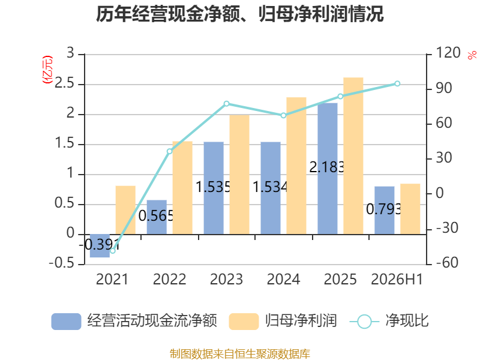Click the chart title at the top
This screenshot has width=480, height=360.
pyautogui.click(x=239, y=14)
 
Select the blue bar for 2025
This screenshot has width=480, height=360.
pyautogui.click(x=328, y=169)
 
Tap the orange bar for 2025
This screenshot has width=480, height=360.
pyautogui.click(x=353, y=156)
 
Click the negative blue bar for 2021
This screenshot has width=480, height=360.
pyautogui.click(x=100, y=246)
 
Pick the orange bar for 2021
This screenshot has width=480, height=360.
pyautogui.click(x=125, y=210)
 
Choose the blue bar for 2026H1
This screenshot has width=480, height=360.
pyautogui.click(x=385, y=211)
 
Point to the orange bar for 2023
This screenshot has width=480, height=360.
pyautogui.click(x=239, y=175)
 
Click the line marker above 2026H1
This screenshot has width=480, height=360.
pyautogui.click(x=397, y=83)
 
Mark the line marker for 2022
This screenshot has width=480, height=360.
pyautogui.click(x=170, y=151)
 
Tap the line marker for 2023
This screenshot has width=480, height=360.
pyautogui.click(x=227, y=104)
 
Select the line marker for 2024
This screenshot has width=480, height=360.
pyautogui.click(x=283, y=115)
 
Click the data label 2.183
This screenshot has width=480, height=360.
pyautogui.click(x=327, y=167)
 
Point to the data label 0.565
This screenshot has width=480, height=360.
pyautogui.click(x=156, y=216)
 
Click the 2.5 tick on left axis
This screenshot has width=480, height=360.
pyautogui.click(x=64, y=83)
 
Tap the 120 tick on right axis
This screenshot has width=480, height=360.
pyautogui.click(x=448, y=53)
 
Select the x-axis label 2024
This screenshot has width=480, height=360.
pyautogui.click(x=283, y=279)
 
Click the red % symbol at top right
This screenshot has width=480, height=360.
pyautogui.click(x=472, y=55)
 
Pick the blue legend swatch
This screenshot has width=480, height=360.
pyautogui.click(x=66, y=322)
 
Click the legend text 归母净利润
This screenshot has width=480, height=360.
pyautogui.click(x=301, y=321)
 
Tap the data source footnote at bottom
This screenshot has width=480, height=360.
pyautogui.click(x=240, y=354)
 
